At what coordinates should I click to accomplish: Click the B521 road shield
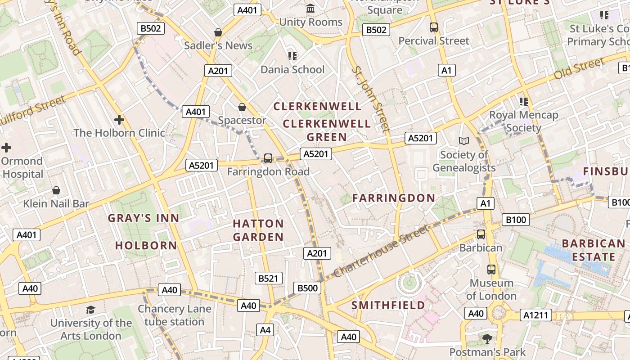[x=268, y=279]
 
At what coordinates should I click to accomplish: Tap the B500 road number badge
[x=308, y=288]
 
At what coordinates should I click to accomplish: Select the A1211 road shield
[x=536, y=315]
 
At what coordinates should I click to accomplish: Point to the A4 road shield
[x=265, y=330]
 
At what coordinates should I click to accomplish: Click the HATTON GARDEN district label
[x=258, y=230]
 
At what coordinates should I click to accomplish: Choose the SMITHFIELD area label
[x=388, y=305]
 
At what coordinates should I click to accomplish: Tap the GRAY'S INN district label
[x=144, y=218]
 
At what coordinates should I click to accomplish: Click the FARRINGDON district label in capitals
[x=394, y=198]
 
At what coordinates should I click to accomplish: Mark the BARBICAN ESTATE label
[x=593, y=250]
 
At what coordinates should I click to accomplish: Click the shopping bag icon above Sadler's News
[x=218, y=32]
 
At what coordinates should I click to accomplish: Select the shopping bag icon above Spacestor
[x=242, y=107]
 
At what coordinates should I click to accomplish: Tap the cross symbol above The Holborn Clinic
[x=119, y=120]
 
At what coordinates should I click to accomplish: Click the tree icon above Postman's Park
[x=487, y=338]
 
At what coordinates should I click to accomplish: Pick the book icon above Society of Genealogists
[x=464, y=141]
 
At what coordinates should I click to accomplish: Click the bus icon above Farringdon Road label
[x=268, y=158]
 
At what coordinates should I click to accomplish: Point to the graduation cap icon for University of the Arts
[x=91, y=310]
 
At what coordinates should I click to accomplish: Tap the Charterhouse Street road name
[x=382, y=252]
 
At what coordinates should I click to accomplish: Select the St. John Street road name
[x=370, y=99]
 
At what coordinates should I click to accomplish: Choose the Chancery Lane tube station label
[x=174, y=315]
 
